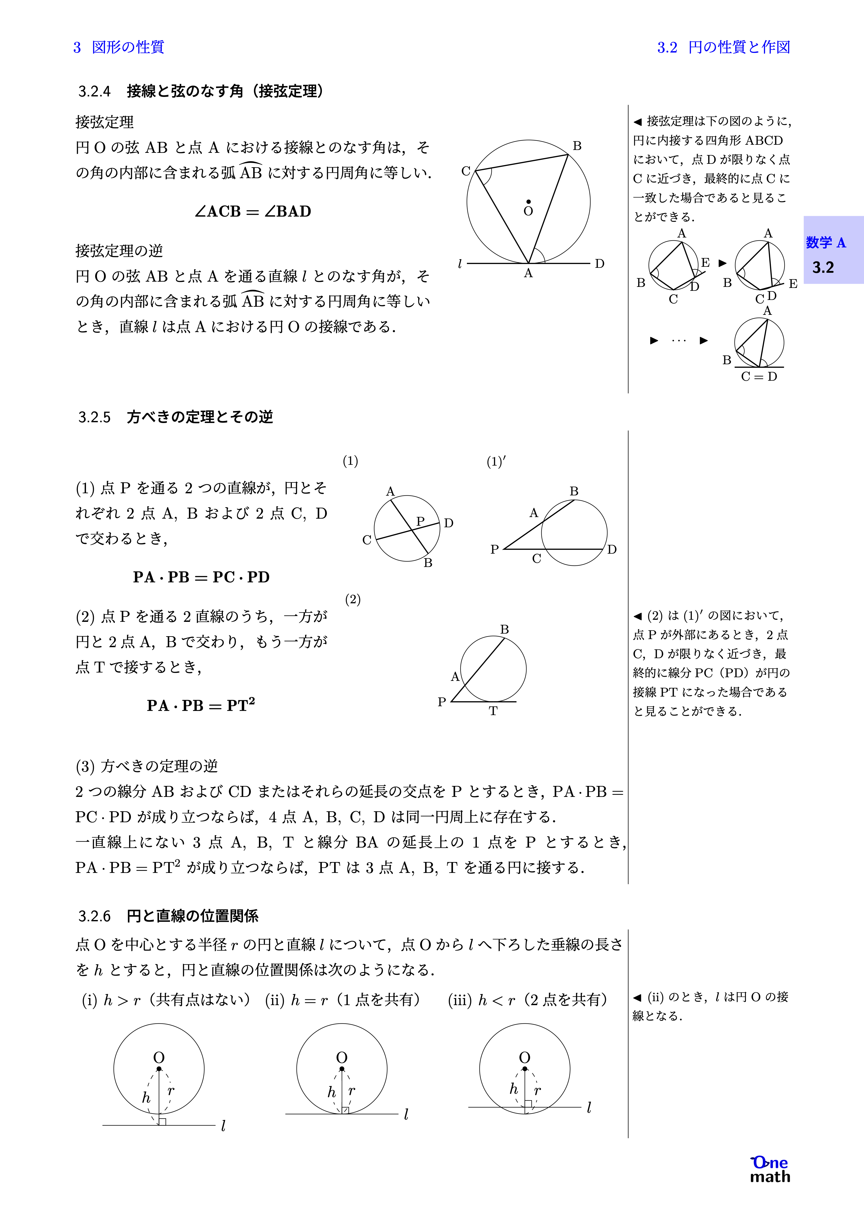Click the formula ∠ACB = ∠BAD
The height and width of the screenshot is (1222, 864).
point(253,211)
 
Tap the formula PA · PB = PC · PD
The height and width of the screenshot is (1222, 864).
point(201,577)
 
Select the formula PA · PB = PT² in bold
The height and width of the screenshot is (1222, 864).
point(201,705)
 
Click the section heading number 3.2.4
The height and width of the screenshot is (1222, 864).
point(94,91)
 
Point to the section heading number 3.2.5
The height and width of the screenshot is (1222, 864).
point(94,417)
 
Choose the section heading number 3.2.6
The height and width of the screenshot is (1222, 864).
point(94,916)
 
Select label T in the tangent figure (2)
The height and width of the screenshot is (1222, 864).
point(493,711)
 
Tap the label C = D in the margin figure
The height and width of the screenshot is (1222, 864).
point(759,376)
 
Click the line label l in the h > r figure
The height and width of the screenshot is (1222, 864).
point(223,1126)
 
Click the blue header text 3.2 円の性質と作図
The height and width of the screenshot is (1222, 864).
point(723,47)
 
